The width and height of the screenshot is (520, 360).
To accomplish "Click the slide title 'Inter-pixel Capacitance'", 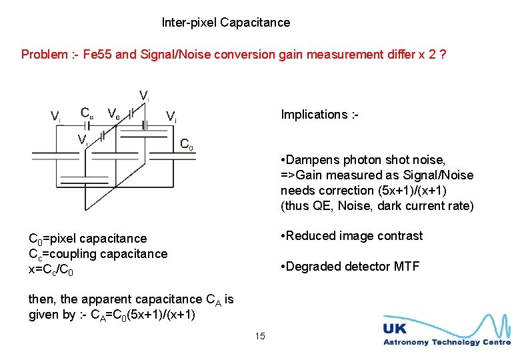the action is tap(226, 23).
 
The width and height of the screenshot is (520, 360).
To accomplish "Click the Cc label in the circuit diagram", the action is tap(87, 113).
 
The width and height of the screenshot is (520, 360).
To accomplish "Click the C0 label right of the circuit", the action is tap(187, 144).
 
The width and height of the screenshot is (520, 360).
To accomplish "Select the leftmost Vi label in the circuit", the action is tap(56, 117).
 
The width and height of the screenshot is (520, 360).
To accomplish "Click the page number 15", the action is tap(260, 336).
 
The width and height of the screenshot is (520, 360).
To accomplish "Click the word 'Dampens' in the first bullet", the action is tap(313, 160).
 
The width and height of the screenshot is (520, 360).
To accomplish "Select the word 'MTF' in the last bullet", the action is tap(406, 267).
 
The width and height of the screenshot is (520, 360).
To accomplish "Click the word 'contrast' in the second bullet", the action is tap(401, 236).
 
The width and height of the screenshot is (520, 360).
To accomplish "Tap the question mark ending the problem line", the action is tap(443, 55).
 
